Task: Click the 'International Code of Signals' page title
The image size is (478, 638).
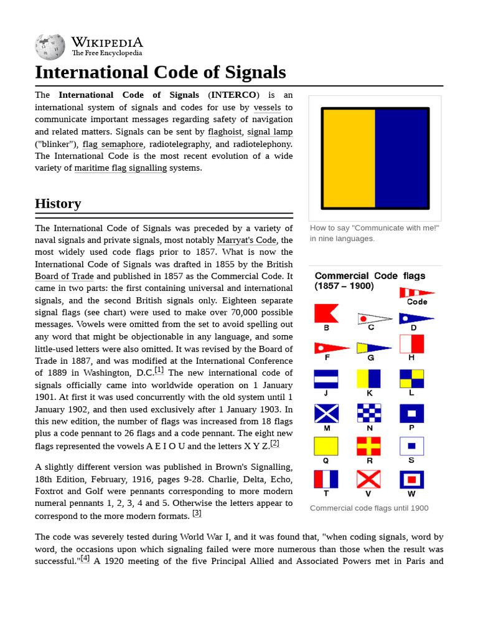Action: pyautogui.click(x=160, y=72)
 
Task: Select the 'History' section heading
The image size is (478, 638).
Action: pyautogui.click(x=58, y=204)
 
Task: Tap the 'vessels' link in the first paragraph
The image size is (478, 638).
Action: pyautogui.click(x=267, y=107)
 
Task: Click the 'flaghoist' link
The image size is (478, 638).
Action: pyautogui.click(x=225, y=131)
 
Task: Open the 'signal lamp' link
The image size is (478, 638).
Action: pyautogui.click(x=269, y=131)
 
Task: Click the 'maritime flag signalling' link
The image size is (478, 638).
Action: pyautogui.click(x=120, y=168)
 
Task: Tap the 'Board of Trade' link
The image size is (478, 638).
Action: pyautogui.click(x=64, y=276)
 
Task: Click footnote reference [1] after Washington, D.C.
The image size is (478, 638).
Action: pyautogui.click(x=159, y=370)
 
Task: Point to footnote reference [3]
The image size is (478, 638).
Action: pyautogui.click(x=197, y=513)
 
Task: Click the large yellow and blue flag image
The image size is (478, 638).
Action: pyautogui.click(x=375, y=158)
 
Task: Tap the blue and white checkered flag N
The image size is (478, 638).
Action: pyautogui.click(x=369, y=412)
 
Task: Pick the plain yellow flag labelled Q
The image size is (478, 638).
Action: pyautogui.click(x=326, y=446)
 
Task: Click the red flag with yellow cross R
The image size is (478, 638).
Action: pyautogui.click(x=369, y=446)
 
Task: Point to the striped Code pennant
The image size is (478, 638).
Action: pyautogui.click(x=416, y=292)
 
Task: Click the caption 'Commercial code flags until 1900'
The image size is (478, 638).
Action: pyautogui.click(x=369, y=508)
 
